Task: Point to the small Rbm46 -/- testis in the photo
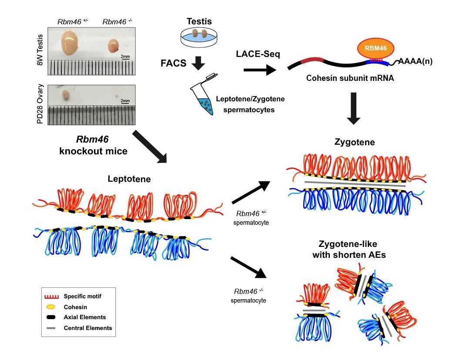pos(113,45)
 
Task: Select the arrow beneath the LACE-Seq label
pos(260,69)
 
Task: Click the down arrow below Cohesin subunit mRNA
pos(356,108)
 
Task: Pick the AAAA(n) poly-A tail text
pos(415,61)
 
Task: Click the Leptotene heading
pos(130,179)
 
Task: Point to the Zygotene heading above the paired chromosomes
pos(355,142)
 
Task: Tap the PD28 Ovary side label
pos(40,104)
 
